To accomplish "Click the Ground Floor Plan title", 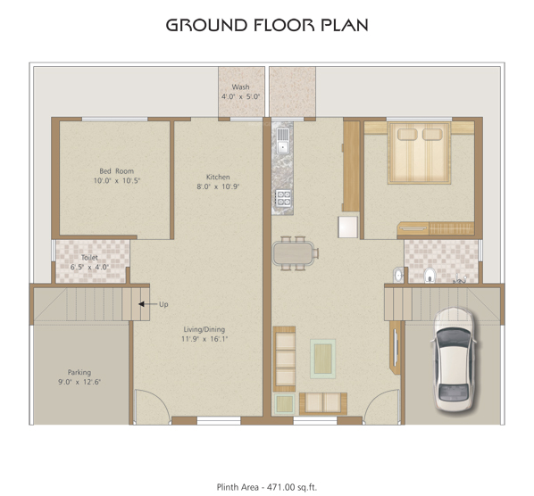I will coord(266,25).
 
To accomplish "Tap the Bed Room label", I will coord(117,170).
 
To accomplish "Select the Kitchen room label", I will coord(218,177).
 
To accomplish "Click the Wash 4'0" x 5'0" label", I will coord(240,92).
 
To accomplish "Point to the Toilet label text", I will coord(89,257).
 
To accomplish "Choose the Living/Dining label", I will coord(204,329).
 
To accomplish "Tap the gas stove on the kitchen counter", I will coord(283,199).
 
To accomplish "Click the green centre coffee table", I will coord(322,359).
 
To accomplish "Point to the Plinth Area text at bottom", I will coord(266,486).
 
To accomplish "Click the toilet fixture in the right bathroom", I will coord(430,274).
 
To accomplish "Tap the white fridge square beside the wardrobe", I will coord(347,226).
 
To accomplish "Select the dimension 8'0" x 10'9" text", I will coord(218,186).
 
